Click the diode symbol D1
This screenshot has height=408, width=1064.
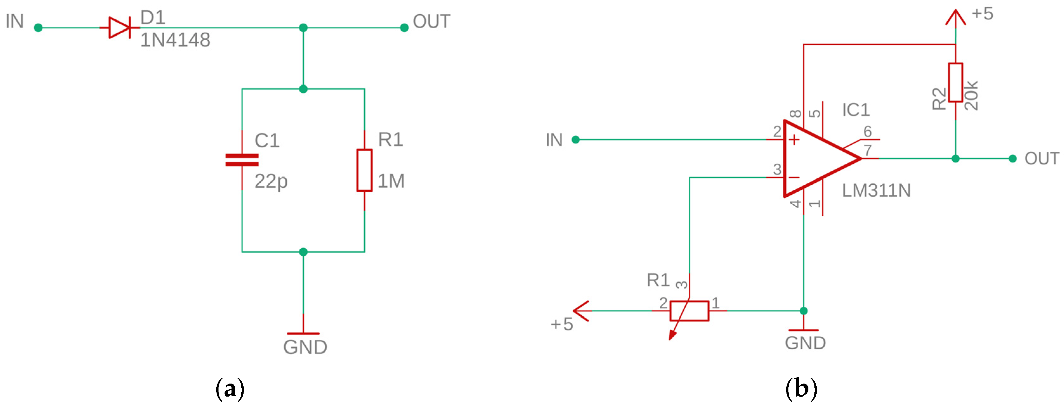pos(119,28)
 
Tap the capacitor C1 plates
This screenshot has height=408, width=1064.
pos(242,160)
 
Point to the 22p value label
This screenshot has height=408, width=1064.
pos(271,181)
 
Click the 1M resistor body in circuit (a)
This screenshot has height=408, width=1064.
pos(364,170)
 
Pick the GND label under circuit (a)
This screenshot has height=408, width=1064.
pos(305,347)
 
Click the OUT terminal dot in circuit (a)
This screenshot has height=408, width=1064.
pos(404,28)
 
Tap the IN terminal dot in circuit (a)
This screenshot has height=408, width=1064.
pos(38,28)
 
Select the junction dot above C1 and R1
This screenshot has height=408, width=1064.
pos(303,89)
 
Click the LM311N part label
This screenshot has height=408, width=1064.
pos(876,191)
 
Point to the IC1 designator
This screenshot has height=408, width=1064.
pos(856,110)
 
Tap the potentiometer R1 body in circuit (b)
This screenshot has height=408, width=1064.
pos(689,311)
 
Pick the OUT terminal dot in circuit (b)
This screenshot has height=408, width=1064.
pos(1012,159)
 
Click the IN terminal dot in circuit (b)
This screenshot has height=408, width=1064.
pos(575,140)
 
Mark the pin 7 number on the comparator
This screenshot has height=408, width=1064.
pos(867,150)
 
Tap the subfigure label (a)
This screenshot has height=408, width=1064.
pos(230,389)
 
